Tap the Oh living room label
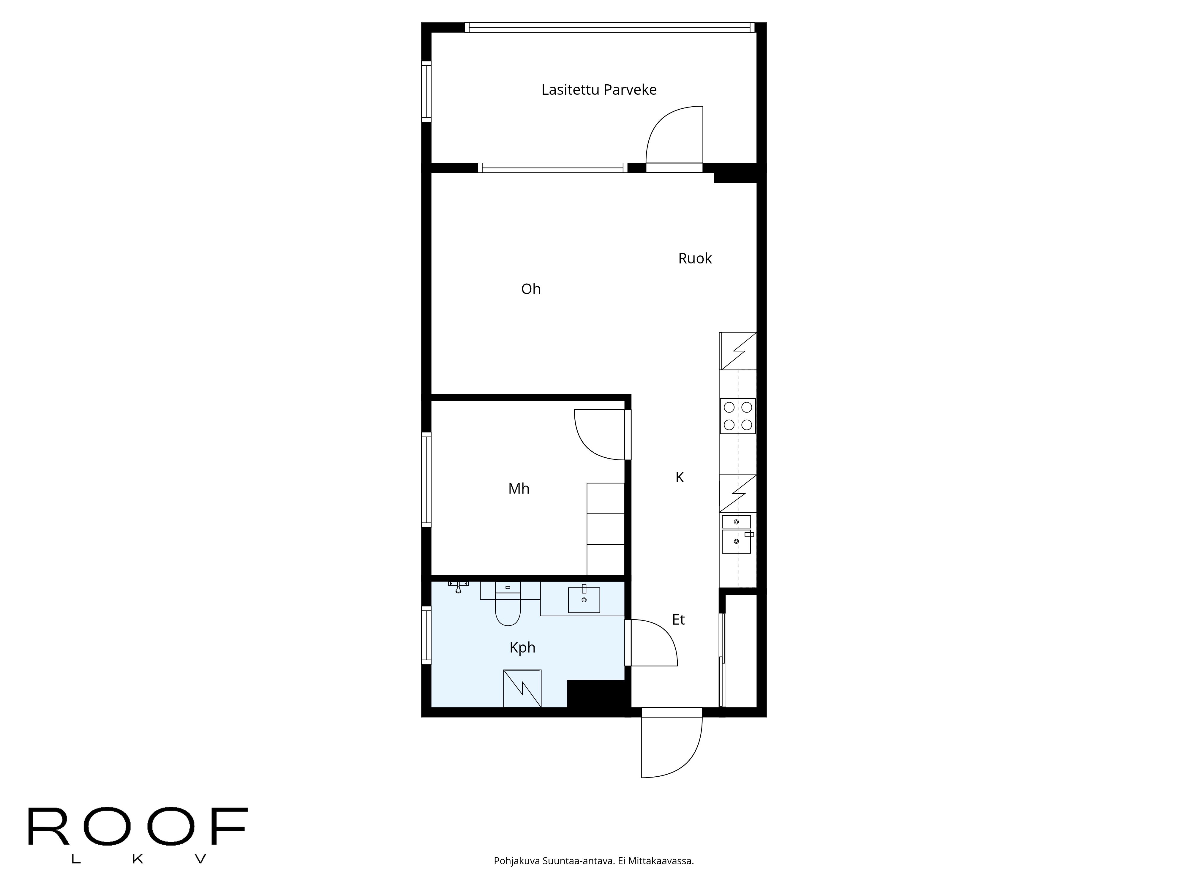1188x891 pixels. click(x=531, y=289)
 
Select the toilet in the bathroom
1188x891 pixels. click(x=508, y=607)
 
